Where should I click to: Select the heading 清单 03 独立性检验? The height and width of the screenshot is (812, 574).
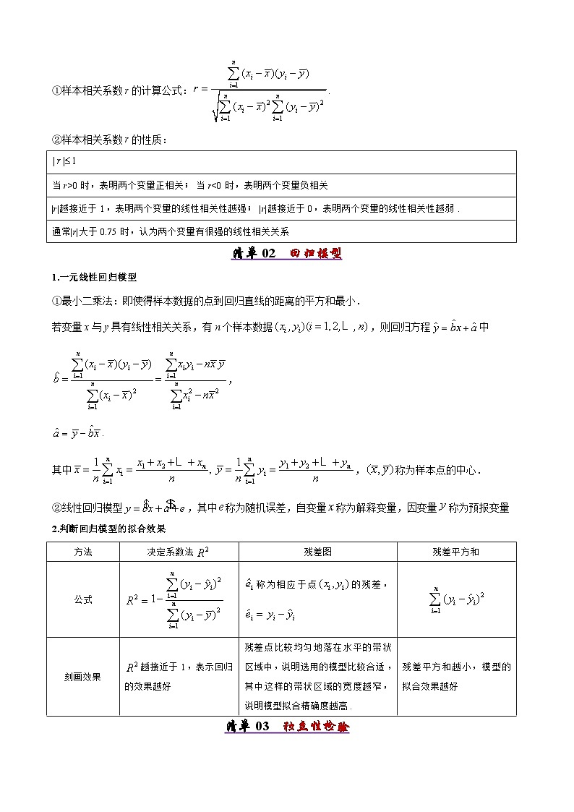(287, 726)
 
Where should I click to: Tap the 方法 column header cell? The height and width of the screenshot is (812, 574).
(82, 552)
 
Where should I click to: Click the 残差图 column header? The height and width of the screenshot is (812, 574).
(317, 552)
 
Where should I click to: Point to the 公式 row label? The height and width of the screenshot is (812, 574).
(82, 599)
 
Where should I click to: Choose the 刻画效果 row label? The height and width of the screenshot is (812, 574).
(82, 677)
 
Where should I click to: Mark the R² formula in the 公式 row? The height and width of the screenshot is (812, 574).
(174, 599)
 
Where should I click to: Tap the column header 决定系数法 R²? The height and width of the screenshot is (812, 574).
(178, 552)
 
